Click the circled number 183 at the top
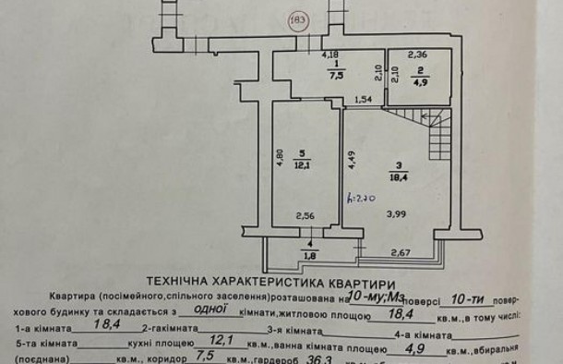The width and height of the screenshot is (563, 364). (299, 21)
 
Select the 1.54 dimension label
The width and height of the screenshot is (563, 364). (363, 98)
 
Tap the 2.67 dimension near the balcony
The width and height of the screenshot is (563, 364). (399, 251)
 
